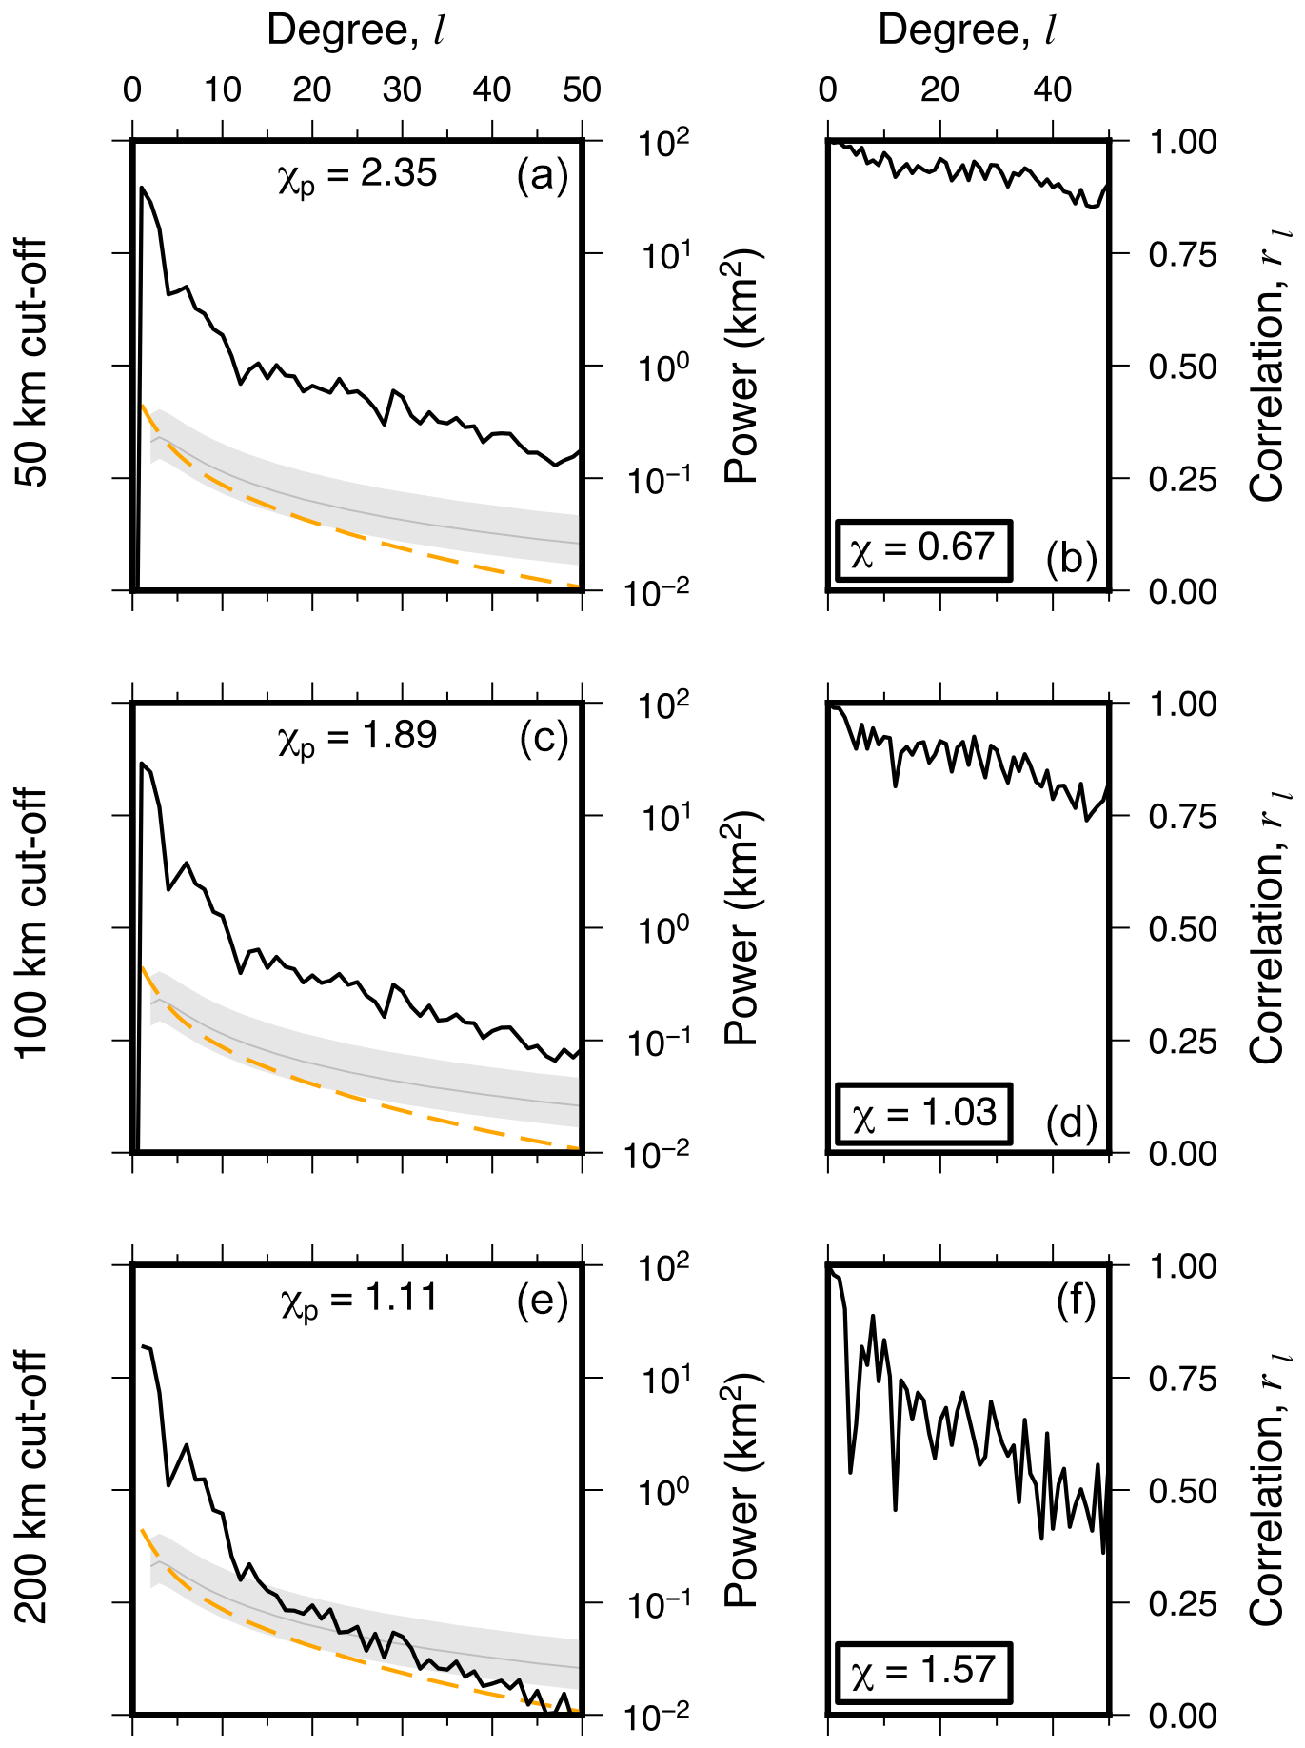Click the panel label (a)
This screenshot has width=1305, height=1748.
[x=542, y=176]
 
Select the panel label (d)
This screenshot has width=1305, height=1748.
[x=1071, y=1123]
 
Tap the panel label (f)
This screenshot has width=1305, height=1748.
[x=1076, y=1301]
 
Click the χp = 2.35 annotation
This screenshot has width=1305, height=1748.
[x=357, y=175]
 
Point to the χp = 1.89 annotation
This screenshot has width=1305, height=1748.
[x=357, y=737]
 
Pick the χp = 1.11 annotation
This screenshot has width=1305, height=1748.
[x=359, y=1299]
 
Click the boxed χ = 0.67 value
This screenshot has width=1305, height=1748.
[x=922, y=549]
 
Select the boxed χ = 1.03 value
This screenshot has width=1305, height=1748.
[x=923, y=1112]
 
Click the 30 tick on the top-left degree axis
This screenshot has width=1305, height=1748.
[x=402, y=90]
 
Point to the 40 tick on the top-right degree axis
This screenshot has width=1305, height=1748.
[x=1052, y=90]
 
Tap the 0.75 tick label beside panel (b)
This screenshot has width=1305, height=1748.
[x=1182, y=255]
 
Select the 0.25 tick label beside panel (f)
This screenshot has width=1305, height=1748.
[x=1182, y=1604]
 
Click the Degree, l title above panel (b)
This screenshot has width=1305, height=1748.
[x=967, y=30]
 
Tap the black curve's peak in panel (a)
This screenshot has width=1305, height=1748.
[x=142, y=188]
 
